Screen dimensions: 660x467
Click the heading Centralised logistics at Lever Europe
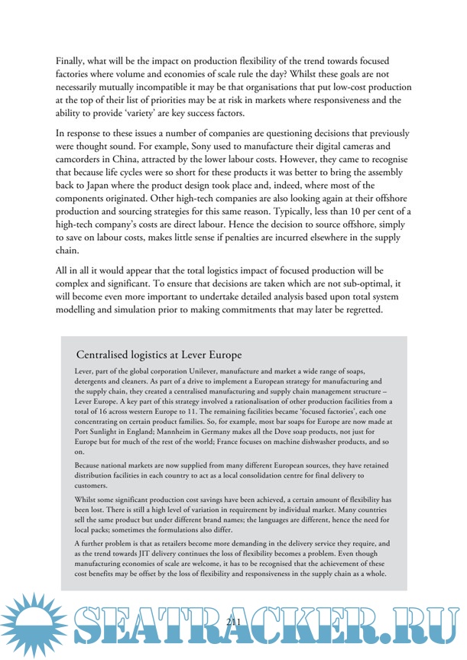pos(159,355)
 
